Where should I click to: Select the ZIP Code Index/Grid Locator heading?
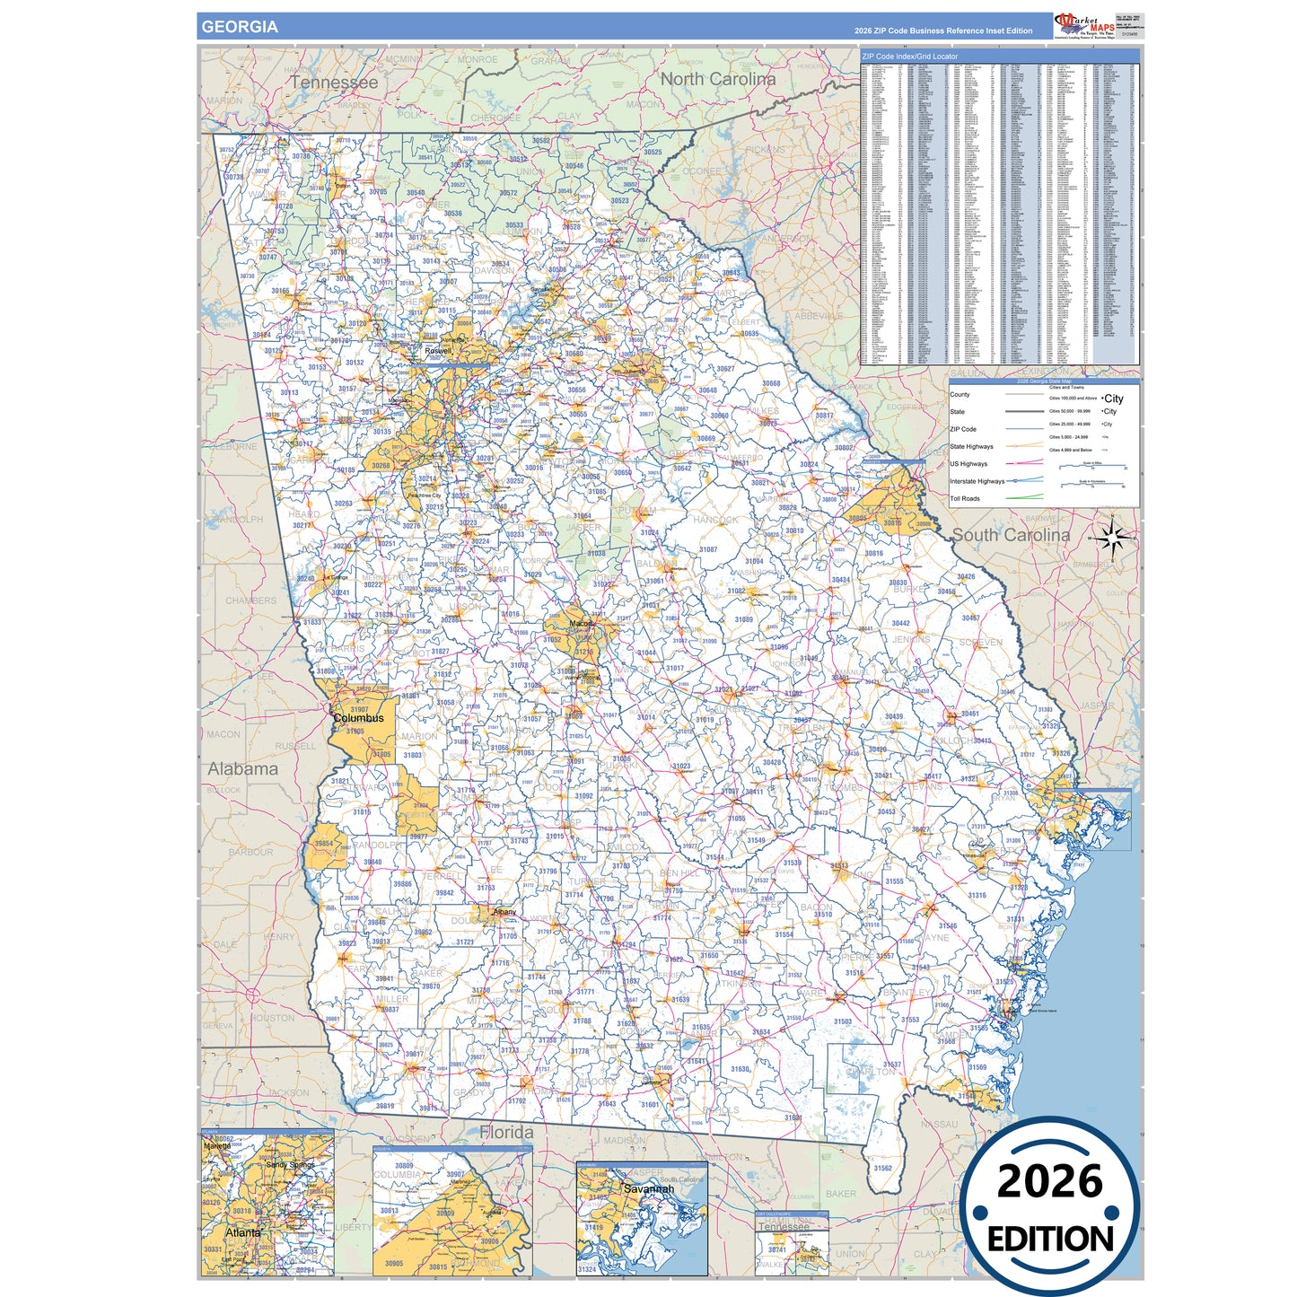909,57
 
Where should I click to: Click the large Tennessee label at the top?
334,83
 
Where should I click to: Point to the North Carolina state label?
717,79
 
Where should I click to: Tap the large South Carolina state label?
1011,535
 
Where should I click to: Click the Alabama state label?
243,769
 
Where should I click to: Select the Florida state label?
506,1133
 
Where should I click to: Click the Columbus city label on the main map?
358,718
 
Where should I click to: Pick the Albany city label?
504,912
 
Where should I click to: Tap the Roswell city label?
438,351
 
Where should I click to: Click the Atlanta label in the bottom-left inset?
242,1232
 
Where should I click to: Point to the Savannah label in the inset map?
648,1189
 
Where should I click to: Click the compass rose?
1112,539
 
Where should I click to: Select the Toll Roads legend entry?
965,498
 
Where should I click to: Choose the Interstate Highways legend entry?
977,481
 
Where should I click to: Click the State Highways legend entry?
971,446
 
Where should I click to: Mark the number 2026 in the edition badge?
1049,1182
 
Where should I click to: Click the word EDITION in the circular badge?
1050,1240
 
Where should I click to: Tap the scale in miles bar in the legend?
1092,467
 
